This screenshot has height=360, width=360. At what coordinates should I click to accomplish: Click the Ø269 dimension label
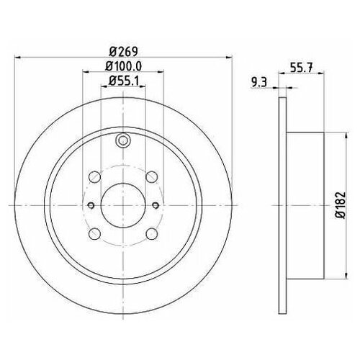(123, 51)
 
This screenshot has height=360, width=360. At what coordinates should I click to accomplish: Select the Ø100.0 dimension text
(124, 66)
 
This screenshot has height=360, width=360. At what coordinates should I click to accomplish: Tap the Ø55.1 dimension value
(124, 81)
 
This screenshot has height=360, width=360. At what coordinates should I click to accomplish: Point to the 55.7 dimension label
(302, 68)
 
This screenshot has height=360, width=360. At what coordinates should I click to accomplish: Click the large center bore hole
(123, 205)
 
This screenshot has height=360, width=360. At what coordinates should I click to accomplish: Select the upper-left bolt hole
(94, 177)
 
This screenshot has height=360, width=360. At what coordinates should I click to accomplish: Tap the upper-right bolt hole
(152, 177)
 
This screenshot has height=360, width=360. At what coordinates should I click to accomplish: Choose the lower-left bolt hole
(94, 234)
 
